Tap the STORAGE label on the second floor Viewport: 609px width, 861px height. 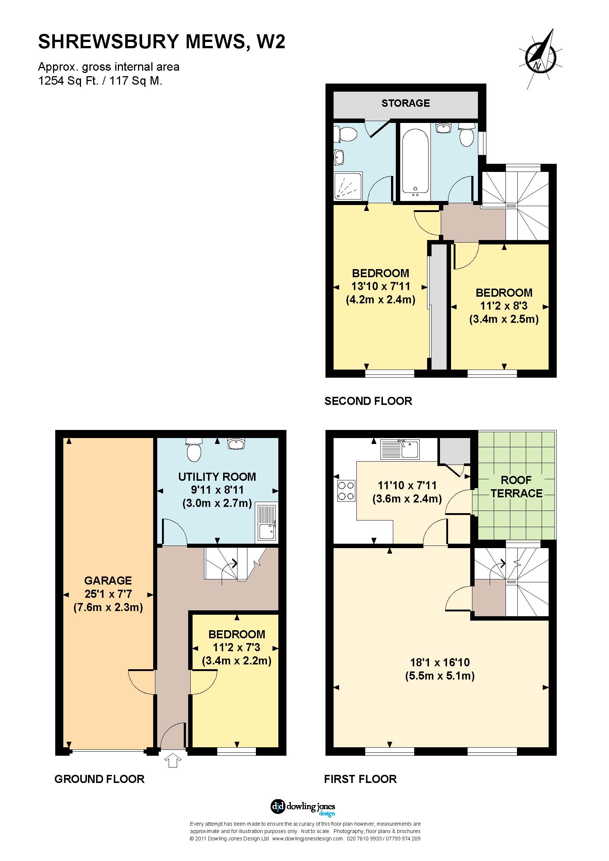(405, 103)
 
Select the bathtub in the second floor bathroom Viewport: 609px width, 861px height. (415, 162)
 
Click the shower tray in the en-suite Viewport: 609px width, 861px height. (348, 186)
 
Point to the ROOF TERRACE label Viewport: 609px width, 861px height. (516, 487)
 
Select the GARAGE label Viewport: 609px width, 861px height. (108, 581)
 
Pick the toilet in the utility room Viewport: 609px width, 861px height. (194, 450)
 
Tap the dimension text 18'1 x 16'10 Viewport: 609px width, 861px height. (440, 662)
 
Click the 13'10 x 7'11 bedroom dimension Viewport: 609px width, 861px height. (381, 286)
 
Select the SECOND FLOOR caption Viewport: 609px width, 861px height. (368, 401)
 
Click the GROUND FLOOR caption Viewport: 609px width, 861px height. (99, 779)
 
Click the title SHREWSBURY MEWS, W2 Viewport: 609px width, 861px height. (162, 41)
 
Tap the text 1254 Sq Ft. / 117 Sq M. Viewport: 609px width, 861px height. (100, 81)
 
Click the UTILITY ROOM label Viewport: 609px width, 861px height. (217, 477)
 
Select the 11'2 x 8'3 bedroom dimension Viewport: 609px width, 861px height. (504, 306)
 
